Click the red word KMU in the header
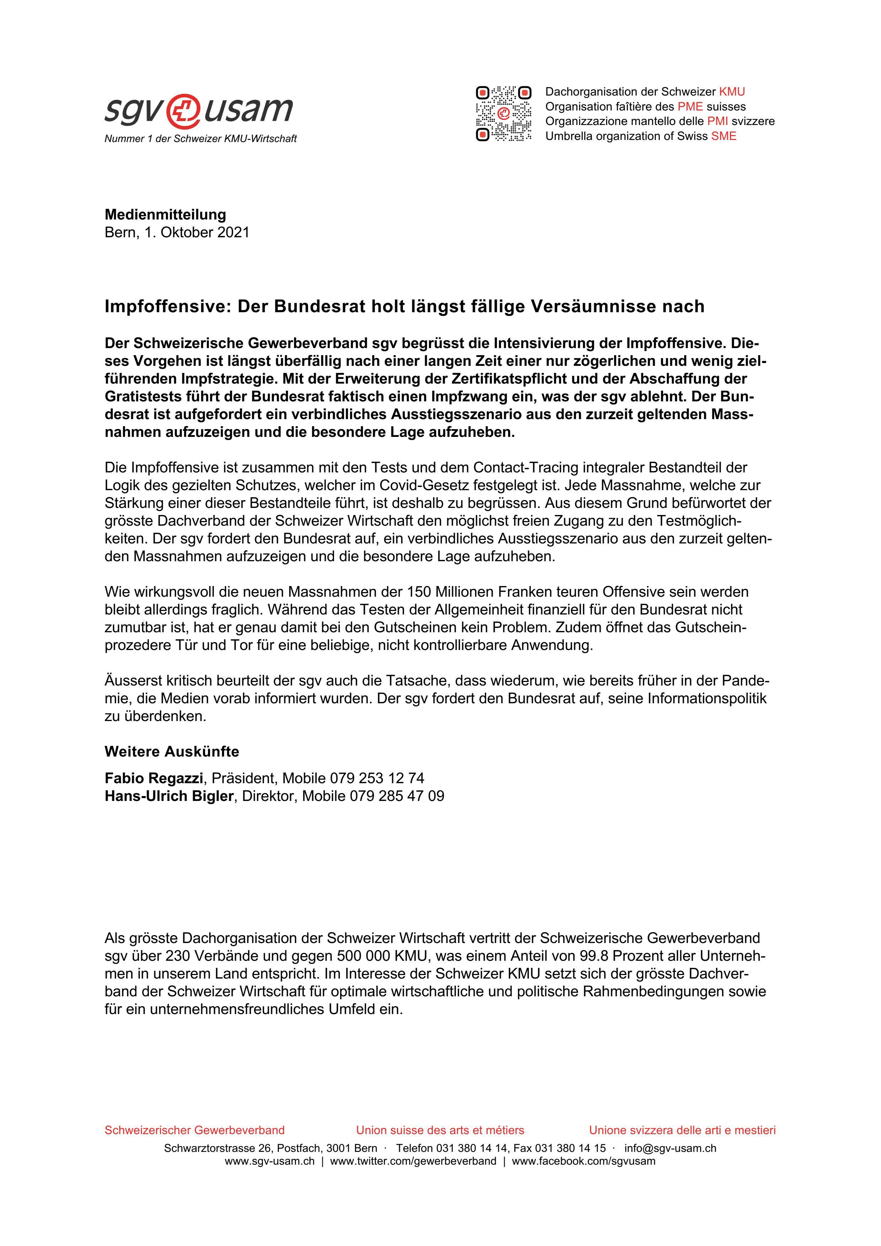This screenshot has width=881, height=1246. click(732, 92)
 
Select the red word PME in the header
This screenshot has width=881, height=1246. click(690, 106)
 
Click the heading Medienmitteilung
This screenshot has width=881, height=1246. click(165, 215)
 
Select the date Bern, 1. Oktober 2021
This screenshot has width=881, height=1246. click(177, 232)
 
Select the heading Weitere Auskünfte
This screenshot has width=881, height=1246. click(172, 752)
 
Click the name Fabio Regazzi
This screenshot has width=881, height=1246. click(154, 778)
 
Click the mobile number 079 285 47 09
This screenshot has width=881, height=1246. click(397, 796)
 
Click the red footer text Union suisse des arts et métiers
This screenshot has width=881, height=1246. click(440, 1131)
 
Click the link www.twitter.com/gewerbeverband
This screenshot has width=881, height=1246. click(413, 1161)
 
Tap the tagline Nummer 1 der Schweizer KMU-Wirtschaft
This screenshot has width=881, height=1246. click(200, 139)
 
